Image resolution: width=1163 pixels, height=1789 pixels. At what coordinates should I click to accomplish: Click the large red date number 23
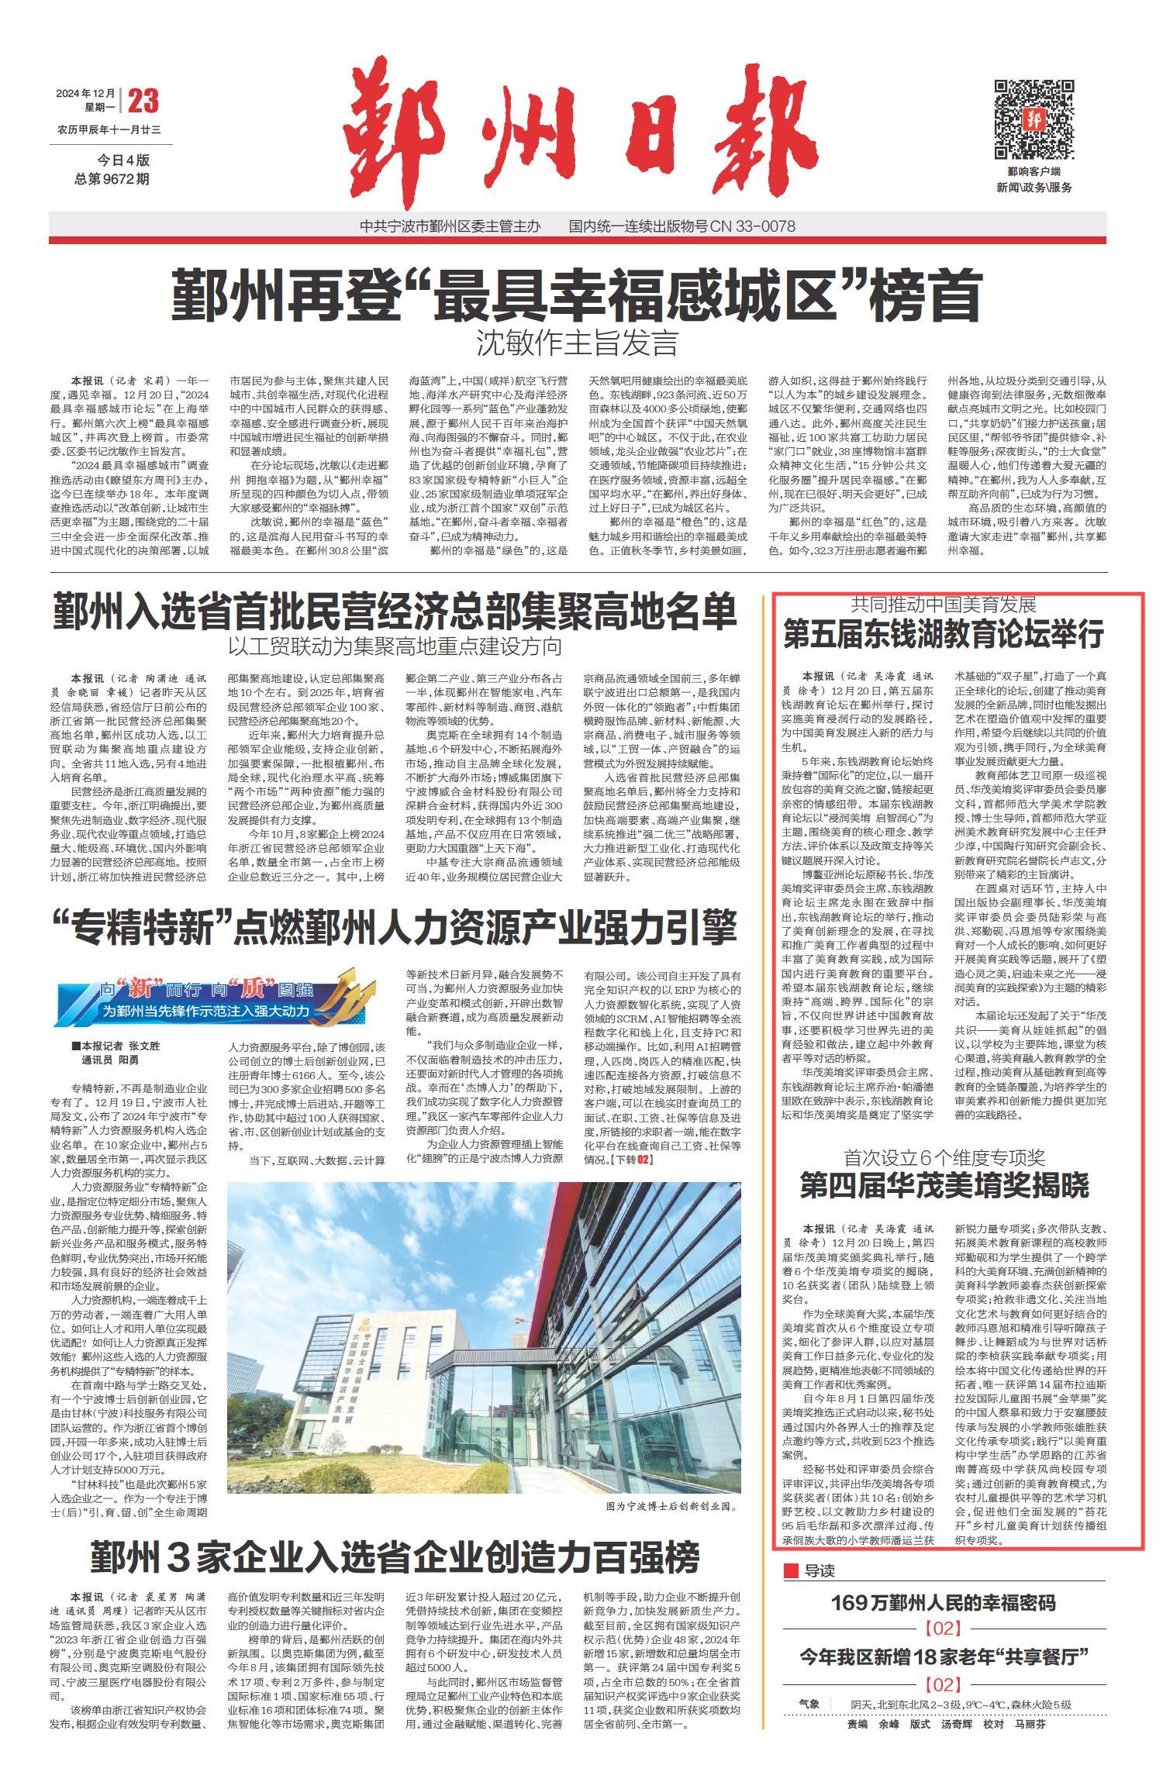pyautogui.click(x=143, y=102)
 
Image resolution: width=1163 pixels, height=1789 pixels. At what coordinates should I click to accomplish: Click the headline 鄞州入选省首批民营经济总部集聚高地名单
pyautogui.click(x=394, y=613)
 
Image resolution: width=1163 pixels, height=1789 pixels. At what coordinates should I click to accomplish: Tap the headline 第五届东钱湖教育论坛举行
pyautogui.click(x=944, y=635)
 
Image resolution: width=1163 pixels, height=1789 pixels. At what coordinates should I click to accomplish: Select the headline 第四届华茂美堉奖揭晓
pyautogui.click(x=944, y=1185)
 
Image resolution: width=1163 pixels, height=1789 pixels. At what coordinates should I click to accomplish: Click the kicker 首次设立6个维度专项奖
pyautogui.click(x=944, y=1158)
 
